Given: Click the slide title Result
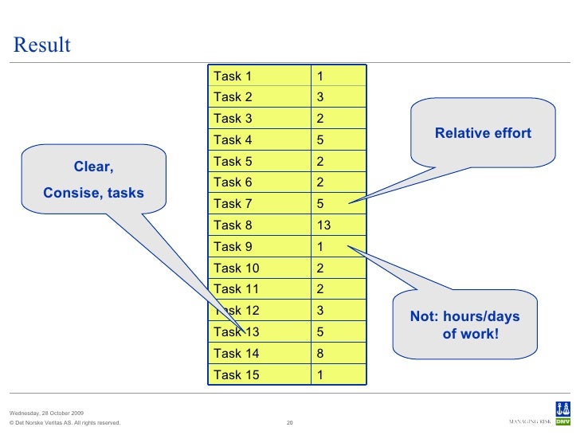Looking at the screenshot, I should pos(41,45).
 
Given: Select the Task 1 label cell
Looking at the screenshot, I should pos(233,76).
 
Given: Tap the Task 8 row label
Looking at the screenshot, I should pos(233,225).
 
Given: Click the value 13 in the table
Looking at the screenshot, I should pos(323,225).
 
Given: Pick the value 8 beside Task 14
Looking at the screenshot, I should pos(319,353).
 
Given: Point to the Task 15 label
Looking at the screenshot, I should pos(236,374).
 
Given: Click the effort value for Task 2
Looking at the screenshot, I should pos(319,97).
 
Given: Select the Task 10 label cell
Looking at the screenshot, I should pos(236,268).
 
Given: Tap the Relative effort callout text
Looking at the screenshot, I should pos(483,134).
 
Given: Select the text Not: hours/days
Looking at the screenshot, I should pos(464,317).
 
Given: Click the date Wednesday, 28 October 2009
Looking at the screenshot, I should pos(46,413).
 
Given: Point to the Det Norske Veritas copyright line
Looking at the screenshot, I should pos(65,422).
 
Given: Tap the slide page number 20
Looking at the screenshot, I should pos(290,422).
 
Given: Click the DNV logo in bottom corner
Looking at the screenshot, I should pos(562,420).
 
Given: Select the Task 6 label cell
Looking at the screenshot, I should pos(233,182).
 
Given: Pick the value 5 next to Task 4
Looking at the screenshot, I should pos(319,140).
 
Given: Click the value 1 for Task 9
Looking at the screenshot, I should pos(319,246).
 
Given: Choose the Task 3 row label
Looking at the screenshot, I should pos(233,119).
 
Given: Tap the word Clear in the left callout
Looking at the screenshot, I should pos(92,167).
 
